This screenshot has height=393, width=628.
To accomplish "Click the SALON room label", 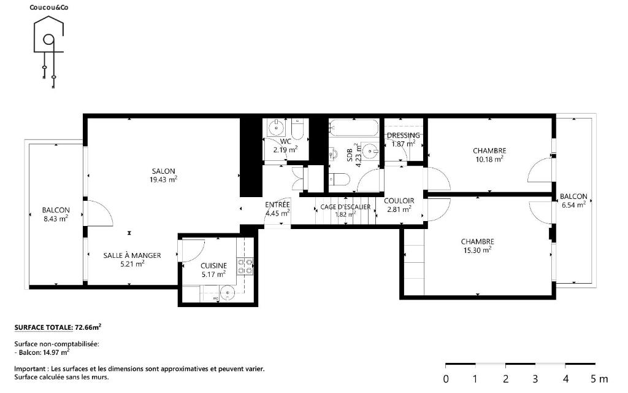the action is pos(163,171).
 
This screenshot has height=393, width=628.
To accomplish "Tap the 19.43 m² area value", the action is pos(163,180).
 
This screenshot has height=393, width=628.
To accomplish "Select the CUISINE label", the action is pos(214,266).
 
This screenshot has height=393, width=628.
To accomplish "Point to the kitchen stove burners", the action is pos(245,267).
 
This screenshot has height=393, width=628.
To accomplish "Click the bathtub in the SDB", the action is pos(354,128).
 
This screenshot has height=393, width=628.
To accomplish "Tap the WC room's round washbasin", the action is pos(277,128).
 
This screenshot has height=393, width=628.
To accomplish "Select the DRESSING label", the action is pos(404,136).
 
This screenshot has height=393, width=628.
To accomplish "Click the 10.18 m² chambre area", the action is pos(489,159).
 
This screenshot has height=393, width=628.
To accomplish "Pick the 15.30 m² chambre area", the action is pos(477,251).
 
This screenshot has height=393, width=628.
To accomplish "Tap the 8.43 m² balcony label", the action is pos(56,219).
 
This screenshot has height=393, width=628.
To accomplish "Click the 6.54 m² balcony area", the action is pos(574,205).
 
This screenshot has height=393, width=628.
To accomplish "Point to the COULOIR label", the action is pos(399,201).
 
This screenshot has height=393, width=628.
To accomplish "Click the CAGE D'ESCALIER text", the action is pos(345,207).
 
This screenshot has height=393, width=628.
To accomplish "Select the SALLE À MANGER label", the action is pos(132,255).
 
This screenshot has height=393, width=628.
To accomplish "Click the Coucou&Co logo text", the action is pos(49,7).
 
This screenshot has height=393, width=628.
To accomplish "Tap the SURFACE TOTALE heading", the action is pos(44,328).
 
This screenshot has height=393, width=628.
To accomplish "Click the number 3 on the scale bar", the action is pos(535,378).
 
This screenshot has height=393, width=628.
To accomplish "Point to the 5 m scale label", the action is pos(599,378).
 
